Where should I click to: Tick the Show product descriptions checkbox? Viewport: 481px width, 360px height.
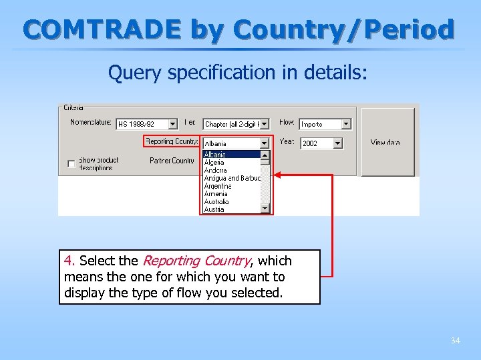click(71, 163)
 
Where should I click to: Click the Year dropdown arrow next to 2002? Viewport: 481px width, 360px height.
click(337, 143)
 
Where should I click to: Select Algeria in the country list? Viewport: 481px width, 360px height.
click(216, 162)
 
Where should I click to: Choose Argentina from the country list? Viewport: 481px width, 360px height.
click(218, 186)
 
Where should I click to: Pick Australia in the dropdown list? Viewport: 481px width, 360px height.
click(216, 201)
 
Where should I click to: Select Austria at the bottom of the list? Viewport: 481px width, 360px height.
click(214, 209)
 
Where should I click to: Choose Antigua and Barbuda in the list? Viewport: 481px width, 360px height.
click(231, 178)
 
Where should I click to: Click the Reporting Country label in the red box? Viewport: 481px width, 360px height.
click(172, 141)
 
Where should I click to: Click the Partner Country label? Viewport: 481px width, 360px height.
click(172, 161)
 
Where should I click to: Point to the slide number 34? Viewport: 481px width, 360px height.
click(455, 341)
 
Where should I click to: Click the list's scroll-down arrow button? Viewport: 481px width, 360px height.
click(265, 209)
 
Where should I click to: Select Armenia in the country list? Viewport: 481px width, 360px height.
click(216, 194)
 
